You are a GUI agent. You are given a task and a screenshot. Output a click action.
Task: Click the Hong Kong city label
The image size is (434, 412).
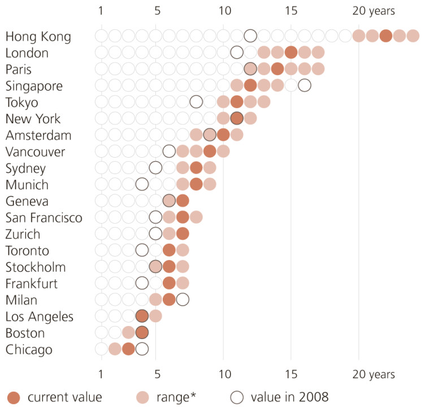tap(38, 37)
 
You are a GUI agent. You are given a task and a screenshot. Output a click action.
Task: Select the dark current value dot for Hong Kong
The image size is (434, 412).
tap(386, 36)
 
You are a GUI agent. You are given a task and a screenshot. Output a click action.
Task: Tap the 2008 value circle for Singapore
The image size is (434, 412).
tap(305, 85)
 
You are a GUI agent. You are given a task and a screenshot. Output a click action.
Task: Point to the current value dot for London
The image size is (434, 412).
tap(291, 53)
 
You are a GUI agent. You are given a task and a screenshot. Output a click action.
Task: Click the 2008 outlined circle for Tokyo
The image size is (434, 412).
tap(196, 102)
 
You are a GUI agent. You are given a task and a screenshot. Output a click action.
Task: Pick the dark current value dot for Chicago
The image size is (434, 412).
tap(128, 349)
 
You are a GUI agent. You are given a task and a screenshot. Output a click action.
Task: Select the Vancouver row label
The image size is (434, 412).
tap(35, 152)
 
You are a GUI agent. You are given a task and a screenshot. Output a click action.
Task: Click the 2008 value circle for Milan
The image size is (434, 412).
tap(183, 300)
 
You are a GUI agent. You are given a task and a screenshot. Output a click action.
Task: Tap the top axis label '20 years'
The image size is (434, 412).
tap(374, 11)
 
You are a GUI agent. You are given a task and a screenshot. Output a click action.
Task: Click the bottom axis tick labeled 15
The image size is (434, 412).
tap(291, 374)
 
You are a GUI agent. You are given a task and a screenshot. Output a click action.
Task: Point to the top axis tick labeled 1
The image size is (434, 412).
tap(101, 11)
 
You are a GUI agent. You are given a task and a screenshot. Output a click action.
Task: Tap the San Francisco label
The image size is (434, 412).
tap(44, 218)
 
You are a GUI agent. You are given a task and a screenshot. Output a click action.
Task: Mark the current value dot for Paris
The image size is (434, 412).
tap(277, 69)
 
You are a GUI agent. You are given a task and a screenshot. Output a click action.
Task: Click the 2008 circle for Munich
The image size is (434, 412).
tap(142, 184)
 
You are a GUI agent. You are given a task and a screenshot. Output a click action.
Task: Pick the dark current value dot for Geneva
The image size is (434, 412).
tap(183, 201)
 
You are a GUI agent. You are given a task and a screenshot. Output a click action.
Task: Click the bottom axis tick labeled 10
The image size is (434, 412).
tap(224, 374)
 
